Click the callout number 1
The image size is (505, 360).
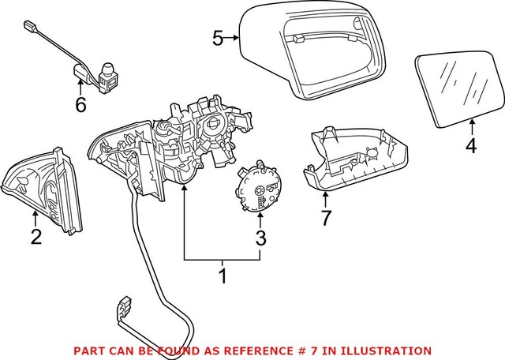click(223, 276)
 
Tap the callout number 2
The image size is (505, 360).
click(36, 237)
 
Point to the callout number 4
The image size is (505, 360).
click(471, 146)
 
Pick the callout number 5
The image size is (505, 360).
click(219, 36)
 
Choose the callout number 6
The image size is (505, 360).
click(80, 104)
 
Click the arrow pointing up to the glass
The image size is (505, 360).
click(471, 126)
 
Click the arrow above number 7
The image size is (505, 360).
click(324, 198)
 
